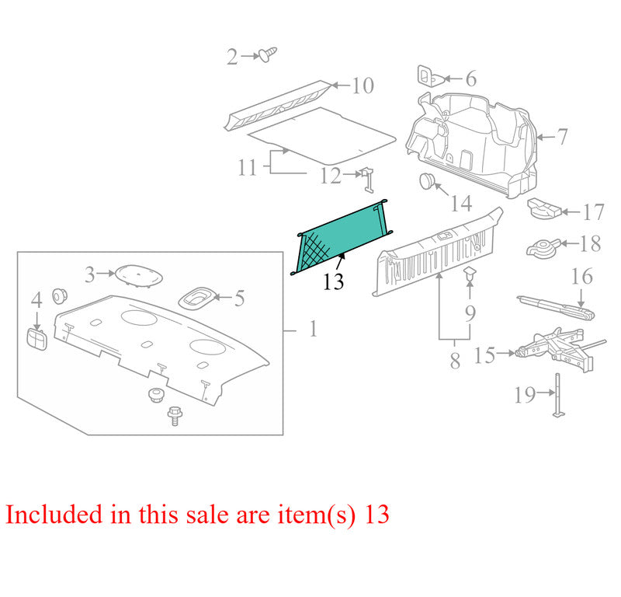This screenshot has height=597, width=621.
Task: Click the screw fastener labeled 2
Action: tap(268, 54)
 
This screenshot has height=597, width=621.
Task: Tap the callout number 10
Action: tap(363, 86)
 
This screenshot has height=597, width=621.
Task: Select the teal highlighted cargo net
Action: tap(342, 237)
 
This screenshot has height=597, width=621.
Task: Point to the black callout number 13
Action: tap(333, 281)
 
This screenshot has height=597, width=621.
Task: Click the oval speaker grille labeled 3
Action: tap(139, 274)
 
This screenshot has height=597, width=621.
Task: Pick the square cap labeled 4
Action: tap(36, 339)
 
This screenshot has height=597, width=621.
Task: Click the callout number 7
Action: tap(562, 137)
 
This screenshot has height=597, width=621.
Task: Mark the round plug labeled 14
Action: tap(427, 180)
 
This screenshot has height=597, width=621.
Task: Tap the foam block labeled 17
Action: tap(545, 208)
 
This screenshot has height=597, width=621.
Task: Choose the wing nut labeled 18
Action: tap(543, 247)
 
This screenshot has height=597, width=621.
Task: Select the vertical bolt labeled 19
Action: tap(558, 395)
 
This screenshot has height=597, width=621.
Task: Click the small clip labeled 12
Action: tap(366, 180)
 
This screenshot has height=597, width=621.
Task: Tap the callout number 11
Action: tap(248, 167)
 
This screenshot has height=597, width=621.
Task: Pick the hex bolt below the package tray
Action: tap(175, 416)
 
